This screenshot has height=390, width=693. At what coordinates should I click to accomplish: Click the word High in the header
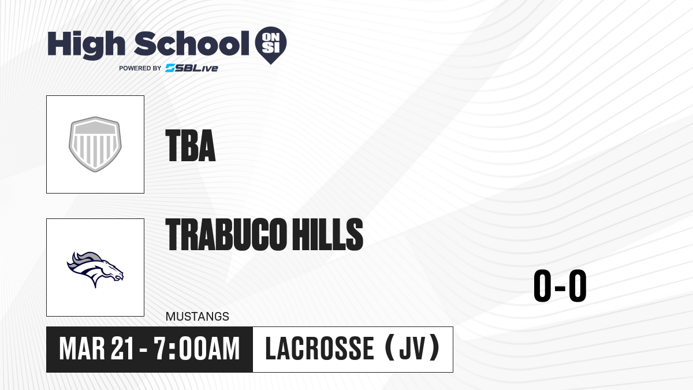(x=87, y=44)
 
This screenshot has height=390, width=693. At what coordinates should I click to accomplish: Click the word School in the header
(x=192, y=43)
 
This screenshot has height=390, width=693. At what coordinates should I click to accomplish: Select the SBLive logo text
(x=192, y=68)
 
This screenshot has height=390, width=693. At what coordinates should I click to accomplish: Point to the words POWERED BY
(x=140, y=68)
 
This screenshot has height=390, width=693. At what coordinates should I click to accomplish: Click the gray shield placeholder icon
(x=95, y=144)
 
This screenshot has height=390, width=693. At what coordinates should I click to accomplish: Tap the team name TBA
(x=190, y=146)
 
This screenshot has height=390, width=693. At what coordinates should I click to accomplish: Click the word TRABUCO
(x=225, y=234)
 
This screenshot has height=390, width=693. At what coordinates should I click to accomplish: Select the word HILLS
(x=327, y=234)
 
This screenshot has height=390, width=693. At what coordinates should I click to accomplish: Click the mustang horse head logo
(x=95, y=269)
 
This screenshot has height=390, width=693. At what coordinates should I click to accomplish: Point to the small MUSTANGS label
(x=198, y=317)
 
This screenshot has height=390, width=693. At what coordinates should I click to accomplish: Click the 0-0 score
(x=560, y=285)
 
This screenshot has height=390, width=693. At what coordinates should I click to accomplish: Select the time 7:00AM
(x=197, y=349)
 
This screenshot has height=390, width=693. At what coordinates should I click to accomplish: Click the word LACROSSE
(x=319, y=349)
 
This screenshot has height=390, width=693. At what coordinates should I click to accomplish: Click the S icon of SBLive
(x=170, y=68)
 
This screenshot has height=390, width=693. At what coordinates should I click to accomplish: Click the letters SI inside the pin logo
(x=271, y=47)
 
